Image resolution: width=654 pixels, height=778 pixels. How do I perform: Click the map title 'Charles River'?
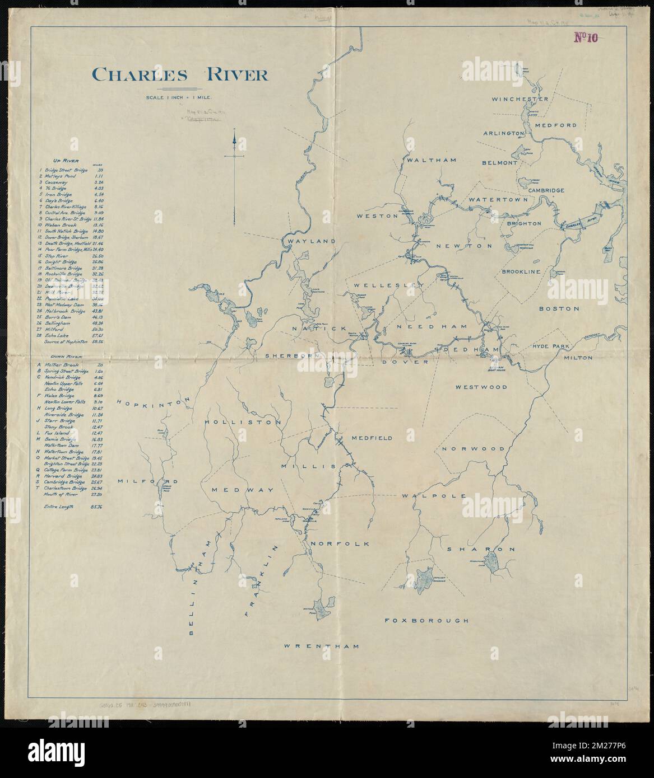tap(180, 74)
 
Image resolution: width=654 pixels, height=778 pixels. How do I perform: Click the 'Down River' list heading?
tap(63, 356)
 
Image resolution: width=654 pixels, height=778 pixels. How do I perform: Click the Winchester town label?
tap(520, 99)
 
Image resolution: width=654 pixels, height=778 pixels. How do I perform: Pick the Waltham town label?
tap(432, 160)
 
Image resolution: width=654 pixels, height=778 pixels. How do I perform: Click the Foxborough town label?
tap(426, 620)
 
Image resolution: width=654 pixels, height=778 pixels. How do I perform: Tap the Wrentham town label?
tap(321, 646)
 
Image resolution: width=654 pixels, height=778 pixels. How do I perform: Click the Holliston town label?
tap(243, 422)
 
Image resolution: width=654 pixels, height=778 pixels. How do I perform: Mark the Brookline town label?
tap(521, 271)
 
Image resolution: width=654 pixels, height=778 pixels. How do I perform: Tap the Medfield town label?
tap(372, 438)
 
